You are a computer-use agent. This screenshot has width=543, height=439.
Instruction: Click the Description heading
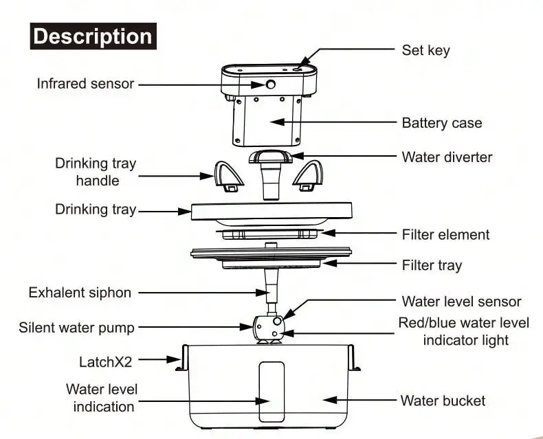pos(93,36)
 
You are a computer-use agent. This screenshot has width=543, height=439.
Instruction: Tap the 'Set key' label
pos(425,49)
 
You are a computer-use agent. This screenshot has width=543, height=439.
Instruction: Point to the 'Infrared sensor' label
pos(85,84)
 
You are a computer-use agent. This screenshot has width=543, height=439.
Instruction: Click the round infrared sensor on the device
pos(270,85)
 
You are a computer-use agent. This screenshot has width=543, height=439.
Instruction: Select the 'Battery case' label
pos(441,123)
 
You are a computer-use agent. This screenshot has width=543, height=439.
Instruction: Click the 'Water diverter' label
pos(447,157)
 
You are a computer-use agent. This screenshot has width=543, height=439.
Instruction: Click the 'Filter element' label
pos(445,234)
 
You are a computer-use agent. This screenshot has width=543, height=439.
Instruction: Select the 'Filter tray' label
pos(432,265)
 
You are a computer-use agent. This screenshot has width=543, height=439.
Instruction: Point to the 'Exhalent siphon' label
pos(80,293)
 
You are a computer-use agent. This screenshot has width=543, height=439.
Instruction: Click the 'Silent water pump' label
pos(76,327)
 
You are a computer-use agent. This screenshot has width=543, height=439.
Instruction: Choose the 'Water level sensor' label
pos(461,302)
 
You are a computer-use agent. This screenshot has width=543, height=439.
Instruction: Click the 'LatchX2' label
pos(107,361)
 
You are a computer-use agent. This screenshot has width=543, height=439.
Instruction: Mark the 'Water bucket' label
pos(443,401)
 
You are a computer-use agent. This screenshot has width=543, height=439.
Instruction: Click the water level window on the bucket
pos(270,391)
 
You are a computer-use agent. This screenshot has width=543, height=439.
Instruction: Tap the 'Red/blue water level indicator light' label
pos(465,331)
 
